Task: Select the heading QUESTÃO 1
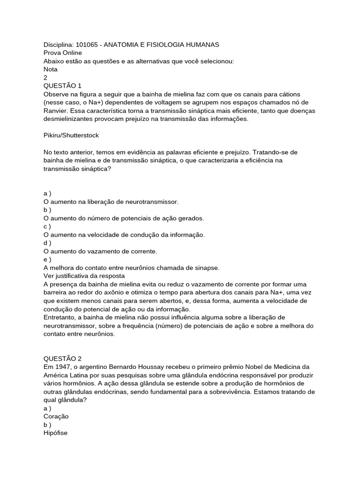(62, 86)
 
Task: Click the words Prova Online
(62, 52)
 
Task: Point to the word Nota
(51, 69)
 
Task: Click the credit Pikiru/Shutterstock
(71, 135)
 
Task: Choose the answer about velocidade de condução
(124, 234)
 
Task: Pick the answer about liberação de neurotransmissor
(111, 202)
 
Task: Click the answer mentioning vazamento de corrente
(100, 251)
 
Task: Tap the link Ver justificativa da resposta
(84, 276)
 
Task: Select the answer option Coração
(56, 416)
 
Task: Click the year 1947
(62, 367)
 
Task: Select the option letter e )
(47, 259)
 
